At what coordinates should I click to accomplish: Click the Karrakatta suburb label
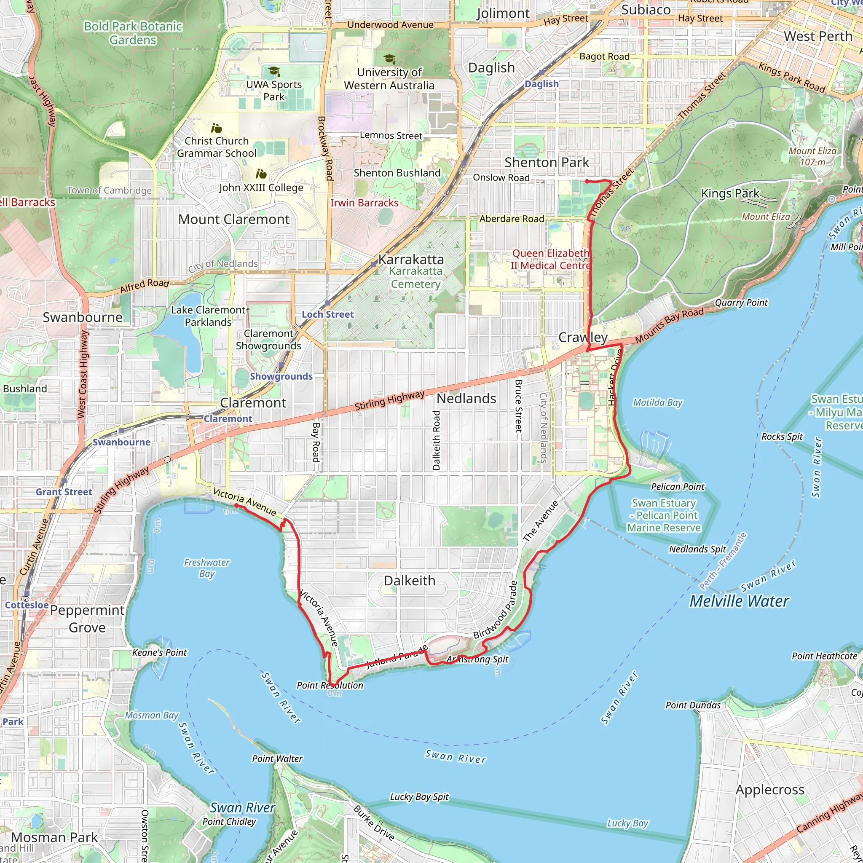[410, 260]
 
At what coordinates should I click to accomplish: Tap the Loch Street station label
[327, 314]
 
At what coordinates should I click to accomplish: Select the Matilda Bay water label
[657, 402]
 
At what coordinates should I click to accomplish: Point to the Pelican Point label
[677, 487]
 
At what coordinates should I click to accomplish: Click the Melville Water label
[739, 601]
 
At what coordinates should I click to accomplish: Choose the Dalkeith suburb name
[409, 581]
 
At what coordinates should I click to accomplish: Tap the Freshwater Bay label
[206, 568]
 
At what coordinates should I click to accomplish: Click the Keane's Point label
[159, 653]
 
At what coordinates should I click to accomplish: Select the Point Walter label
[277, 758]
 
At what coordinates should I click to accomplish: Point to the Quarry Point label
[741, 303]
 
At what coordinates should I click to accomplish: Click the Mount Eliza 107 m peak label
[812, 156]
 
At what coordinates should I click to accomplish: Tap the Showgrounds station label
[281, 377]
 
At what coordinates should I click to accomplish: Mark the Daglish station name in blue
[541, 84]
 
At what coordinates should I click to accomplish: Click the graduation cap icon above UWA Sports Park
[274, 72]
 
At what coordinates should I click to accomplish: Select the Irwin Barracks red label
[364, 203]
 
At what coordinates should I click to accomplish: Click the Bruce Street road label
[519, 406]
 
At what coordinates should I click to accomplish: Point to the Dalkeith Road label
[437, 440]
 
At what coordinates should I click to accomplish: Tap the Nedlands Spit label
[697, 549]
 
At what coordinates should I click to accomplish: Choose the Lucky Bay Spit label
[419, 797]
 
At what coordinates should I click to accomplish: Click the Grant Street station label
[64, 492]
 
